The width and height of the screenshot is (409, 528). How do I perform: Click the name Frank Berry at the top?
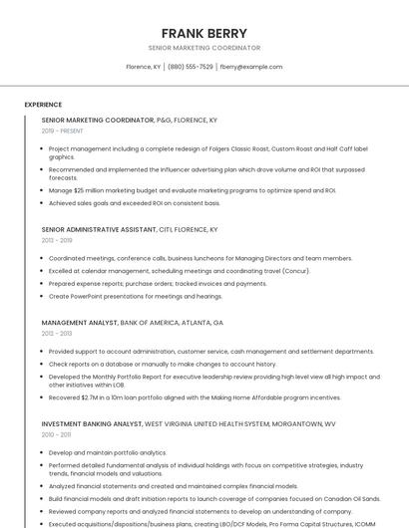[204, 33]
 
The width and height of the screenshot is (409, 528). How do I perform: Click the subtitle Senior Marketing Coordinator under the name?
[204, 48]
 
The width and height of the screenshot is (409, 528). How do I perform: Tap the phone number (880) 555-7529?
[190, 67]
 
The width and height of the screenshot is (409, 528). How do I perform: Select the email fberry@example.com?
[250, 67]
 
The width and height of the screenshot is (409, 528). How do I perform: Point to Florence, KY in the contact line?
[143, 67]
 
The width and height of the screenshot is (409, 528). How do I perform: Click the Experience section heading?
[43, 105]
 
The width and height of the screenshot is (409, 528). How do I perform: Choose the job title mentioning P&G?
[130, 120]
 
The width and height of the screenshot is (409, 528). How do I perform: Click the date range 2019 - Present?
[63, 131]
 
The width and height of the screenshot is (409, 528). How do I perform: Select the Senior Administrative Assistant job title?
[130, 229]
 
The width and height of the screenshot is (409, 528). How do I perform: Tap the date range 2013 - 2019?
[57, 240]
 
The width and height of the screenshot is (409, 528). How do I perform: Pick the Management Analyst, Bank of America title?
[133, 323]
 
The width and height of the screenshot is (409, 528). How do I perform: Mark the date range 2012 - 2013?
[57, 334]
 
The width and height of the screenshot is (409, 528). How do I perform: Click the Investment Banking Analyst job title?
[189, 423]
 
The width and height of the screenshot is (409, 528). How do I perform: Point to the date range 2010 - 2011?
[57, 434]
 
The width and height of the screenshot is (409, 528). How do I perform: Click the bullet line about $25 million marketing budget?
[193, 190]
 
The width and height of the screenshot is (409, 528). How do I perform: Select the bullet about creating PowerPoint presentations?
[136, 296]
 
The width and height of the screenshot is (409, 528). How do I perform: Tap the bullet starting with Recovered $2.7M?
[195, 397]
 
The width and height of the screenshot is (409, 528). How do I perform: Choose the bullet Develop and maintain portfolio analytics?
[108, 452]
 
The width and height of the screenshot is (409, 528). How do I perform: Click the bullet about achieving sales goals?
[135, 202]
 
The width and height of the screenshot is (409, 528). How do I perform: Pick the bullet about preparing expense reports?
[158, 283]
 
